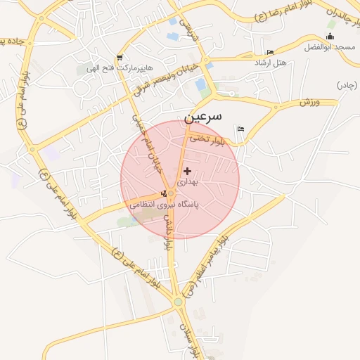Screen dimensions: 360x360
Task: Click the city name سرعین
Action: coord(202,115)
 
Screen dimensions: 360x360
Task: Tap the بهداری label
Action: coord(188,181)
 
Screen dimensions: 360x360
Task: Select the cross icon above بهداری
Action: coord(186,171)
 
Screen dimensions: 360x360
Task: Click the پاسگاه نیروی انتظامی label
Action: coord(163,205)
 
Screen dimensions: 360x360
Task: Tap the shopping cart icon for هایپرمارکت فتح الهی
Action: coord(120,58)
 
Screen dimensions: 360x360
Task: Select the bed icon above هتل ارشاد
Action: coord(271,53)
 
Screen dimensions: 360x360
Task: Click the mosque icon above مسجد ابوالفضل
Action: coord(331,37)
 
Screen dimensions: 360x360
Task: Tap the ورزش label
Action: coord(309,102)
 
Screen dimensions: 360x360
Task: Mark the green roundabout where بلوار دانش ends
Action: coord(178,302)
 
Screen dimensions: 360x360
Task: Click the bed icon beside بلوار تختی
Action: coord(241,129)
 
